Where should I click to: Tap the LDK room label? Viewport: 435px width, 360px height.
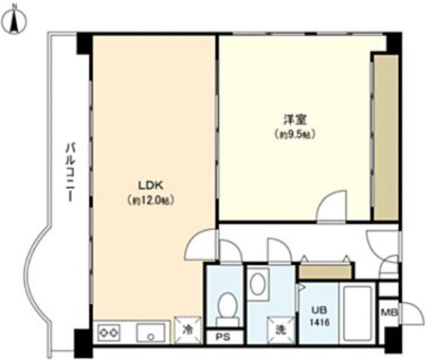tap(151, 186)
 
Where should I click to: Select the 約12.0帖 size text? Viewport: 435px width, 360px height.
tap(150, 200)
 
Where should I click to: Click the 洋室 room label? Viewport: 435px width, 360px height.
tap(295, 120)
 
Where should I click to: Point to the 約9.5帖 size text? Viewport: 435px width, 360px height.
tap(295, 135)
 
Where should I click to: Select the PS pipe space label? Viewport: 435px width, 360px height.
tap(223, 337)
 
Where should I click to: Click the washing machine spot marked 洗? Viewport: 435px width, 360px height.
tap(280, 330)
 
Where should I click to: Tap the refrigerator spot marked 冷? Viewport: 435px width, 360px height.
tap(188, 330)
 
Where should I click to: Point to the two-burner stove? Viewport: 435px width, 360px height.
tap(109, 332)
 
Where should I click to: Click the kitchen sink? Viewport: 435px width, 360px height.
tap(150, 332)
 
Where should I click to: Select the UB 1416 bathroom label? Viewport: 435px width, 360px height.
tap(319, 316)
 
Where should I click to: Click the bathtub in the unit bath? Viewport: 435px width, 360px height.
tap(358, 313)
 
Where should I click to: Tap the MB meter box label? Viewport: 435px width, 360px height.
tap(389, 313)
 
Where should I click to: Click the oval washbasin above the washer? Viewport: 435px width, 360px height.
tap(258, 284)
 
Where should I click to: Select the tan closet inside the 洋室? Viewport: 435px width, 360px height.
tap(386, 137)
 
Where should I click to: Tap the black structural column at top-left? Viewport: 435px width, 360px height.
tap(84, 44)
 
